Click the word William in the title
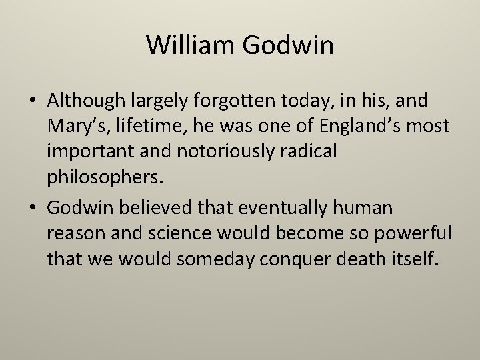(191, 45)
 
